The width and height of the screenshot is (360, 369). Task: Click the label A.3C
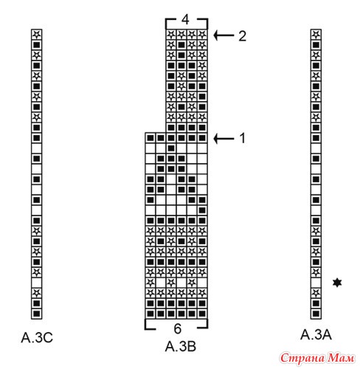point(37,337)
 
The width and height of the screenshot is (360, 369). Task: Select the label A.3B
point(181,346)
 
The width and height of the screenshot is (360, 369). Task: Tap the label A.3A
point(316,334)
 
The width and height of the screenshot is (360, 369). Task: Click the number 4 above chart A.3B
point(185,20)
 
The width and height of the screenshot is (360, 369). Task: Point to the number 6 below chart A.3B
point(178,328)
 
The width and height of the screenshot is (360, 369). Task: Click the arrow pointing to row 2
point(224,35)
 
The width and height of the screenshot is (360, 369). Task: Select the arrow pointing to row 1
point(224,139)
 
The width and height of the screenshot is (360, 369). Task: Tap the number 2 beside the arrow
point(242,36)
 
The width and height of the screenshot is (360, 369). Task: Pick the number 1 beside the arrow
point(243,138)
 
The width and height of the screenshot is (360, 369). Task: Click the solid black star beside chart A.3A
point(337,283)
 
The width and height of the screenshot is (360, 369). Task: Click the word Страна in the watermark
point(302,359)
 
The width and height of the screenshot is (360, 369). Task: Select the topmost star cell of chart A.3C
point(37,35)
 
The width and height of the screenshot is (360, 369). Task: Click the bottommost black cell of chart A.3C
point(37,314)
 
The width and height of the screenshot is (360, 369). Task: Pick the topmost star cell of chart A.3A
point(316,35)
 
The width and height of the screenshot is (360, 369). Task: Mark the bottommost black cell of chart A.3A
point(316,314)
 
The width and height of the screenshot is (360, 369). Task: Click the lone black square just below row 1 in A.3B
point(171,148)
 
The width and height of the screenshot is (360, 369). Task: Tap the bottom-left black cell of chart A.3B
point(150,314)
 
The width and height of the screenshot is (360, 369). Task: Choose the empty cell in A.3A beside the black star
point(316,283)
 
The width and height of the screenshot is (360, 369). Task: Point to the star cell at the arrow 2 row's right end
point(202,35)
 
